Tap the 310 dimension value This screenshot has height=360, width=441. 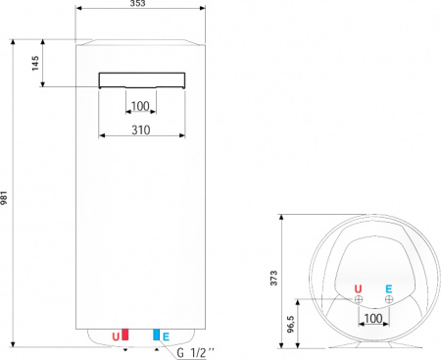(x=140, y=128)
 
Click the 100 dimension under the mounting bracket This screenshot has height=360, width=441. (x=140, y=106)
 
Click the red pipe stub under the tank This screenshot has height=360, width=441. (x=125, y=335)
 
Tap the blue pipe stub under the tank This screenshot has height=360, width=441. (x=155, y=335)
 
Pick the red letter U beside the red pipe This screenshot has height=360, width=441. (x=116, y=336)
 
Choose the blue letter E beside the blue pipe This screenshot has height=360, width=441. (x=166, y=336)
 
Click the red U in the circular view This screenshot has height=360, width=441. (x=359, y=288)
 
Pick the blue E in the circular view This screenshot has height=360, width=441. (x=390, y=288)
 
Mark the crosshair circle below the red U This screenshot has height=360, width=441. (x=360, y=300)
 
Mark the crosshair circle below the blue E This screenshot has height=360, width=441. (x=390, y=300)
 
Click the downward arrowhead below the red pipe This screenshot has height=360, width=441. (x=125, y=349)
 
